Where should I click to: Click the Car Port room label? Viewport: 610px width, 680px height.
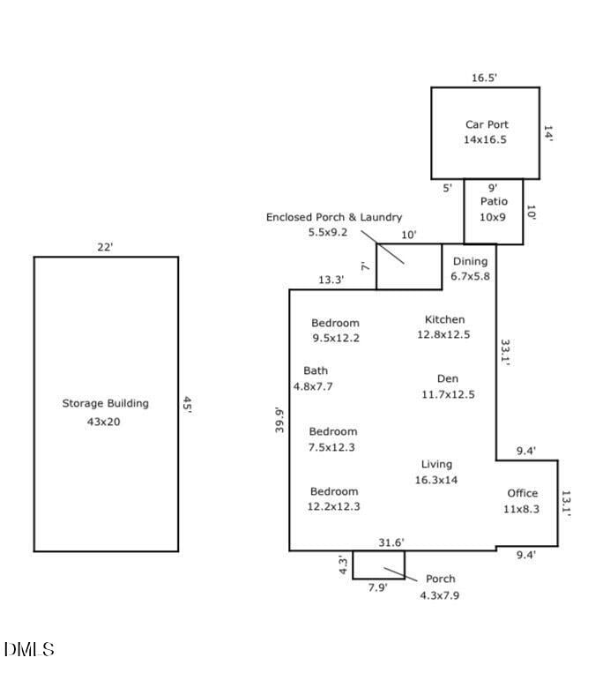coord(487,125)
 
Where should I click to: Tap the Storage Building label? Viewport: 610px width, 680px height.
coord(105,404)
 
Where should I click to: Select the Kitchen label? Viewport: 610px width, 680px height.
coord(444,319)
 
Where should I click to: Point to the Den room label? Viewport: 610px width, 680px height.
coord(448,378)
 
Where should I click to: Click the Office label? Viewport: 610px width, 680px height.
coord(522,493)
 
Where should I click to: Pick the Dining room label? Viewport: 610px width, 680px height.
coord(470,261)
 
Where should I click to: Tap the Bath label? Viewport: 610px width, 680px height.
coord(315,370)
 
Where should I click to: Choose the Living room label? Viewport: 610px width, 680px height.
coord(436,464)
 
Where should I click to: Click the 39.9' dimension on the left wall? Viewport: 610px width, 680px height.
coord(279,420)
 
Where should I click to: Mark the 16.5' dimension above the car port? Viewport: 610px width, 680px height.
coord(484,78)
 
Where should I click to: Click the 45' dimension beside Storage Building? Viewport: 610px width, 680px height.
coord(188,404)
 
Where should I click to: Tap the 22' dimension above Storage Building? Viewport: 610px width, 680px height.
coord(105,248)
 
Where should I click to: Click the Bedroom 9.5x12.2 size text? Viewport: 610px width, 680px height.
coord(335,338)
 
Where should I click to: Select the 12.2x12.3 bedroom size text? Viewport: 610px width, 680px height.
coord(333,506)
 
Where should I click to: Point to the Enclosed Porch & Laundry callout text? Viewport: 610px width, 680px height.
coord(334,217)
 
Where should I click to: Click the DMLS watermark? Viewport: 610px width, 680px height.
coord(29,650)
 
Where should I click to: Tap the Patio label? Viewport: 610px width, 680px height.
coord(494,201)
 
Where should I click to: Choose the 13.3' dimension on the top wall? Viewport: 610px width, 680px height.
coord(331,280)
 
